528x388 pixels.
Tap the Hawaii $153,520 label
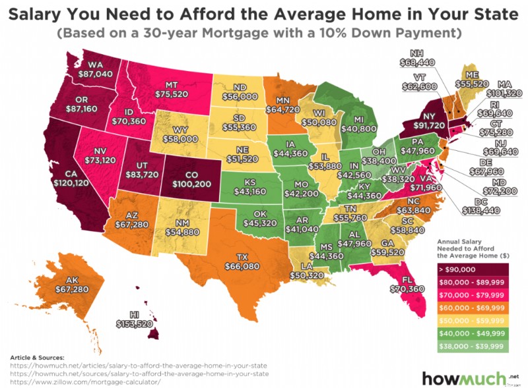pyautogui.click(x=135, y=323)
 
